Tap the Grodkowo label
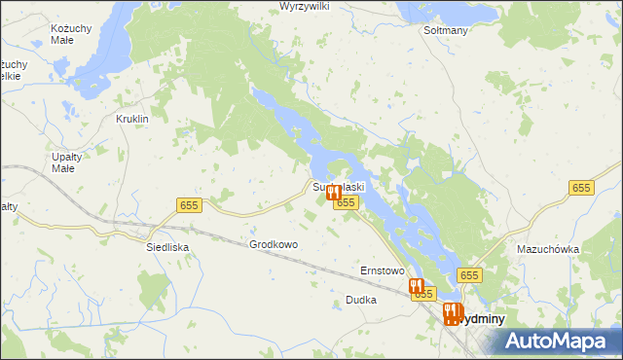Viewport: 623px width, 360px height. [x=274, y=245]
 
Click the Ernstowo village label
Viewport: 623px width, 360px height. [x=382, y=270]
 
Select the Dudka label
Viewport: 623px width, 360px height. [x=360, y=301]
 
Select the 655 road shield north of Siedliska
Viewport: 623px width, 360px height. [x=189, y=203]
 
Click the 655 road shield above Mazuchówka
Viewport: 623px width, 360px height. [x=582, y=188]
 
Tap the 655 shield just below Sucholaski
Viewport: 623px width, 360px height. [x=346, y=202]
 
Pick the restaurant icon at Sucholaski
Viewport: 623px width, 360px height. [x=333, y=193]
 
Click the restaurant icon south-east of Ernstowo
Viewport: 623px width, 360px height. [x=416, y=286]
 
